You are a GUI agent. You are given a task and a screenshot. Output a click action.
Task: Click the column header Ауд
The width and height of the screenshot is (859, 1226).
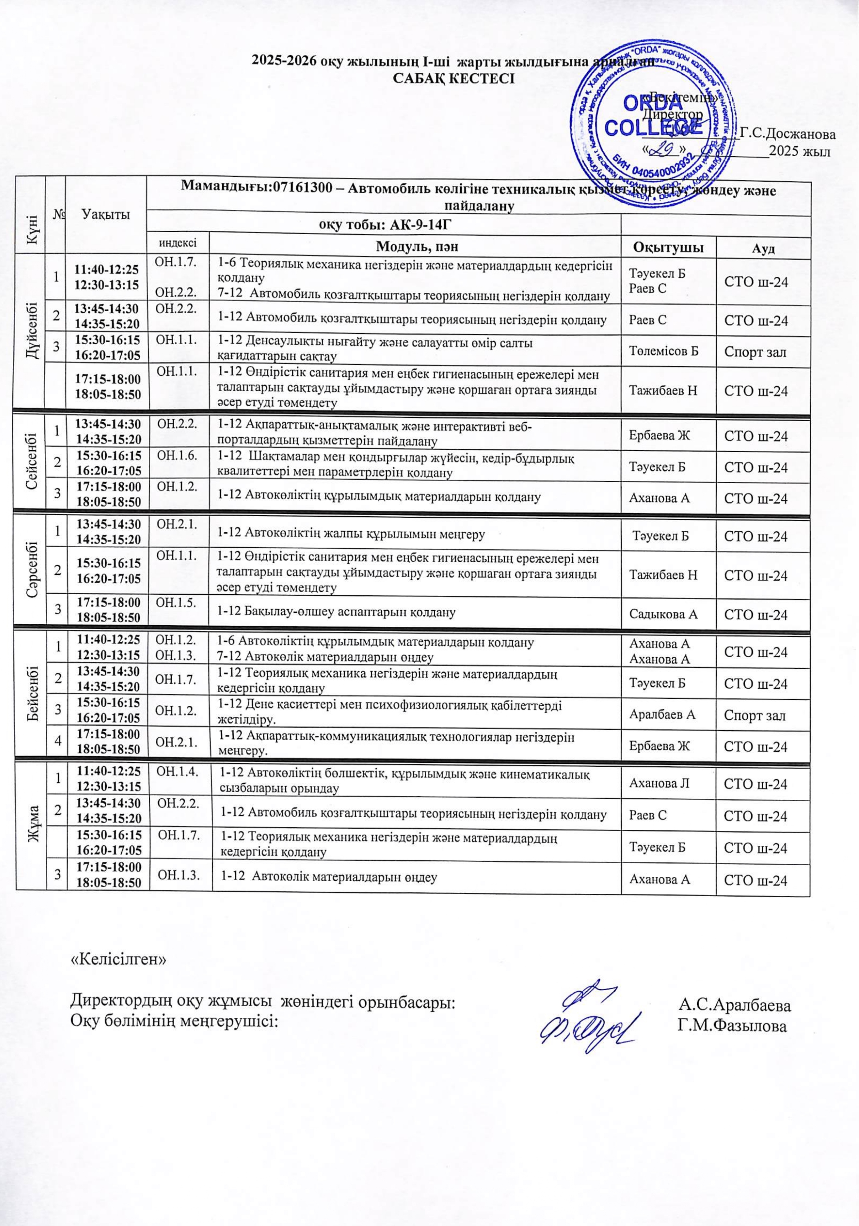(x=763, y=248)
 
